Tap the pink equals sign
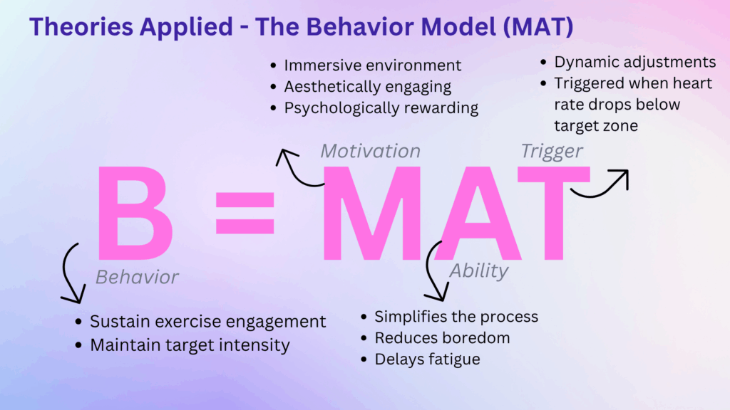point(245,211)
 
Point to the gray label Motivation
point(370,151)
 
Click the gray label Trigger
point(552,151)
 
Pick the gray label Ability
point(479,270)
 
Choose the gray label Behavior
point(137,276)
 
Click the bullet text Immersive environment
point(372,65)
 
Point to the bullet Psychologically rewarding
point(381,108)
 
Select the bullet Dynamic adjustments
point(634,62)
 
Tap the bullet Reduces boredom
point(442,338)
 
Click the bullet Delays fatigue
point(427,359)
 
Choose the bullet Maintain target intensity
point(190,346)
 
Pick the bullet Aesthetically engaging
point(367,87)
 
